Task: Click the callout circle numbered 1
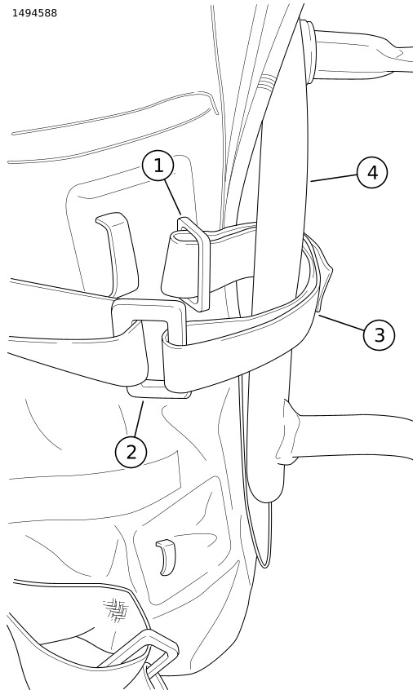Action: [x=158, y=166]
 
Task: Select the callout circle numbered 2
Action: [x=131, y=452]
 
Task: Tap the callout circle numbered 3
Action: [x=379, y=335]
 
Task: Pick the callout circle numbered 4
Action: [x=372, y=173]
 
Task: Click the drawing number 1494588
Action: [x=34, y=13]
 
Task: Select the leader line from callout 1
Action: [x=172, y=197]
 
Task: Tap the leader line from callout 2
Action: [x=139, y=419]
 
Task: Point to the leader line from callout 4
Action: [x=333, y=178]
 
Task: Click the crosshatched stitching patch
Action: [x=116, y=609]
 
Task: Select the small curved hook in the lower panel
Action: [x=167, y=557]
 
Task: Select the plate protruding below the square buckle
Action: [x=158, y=391]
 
